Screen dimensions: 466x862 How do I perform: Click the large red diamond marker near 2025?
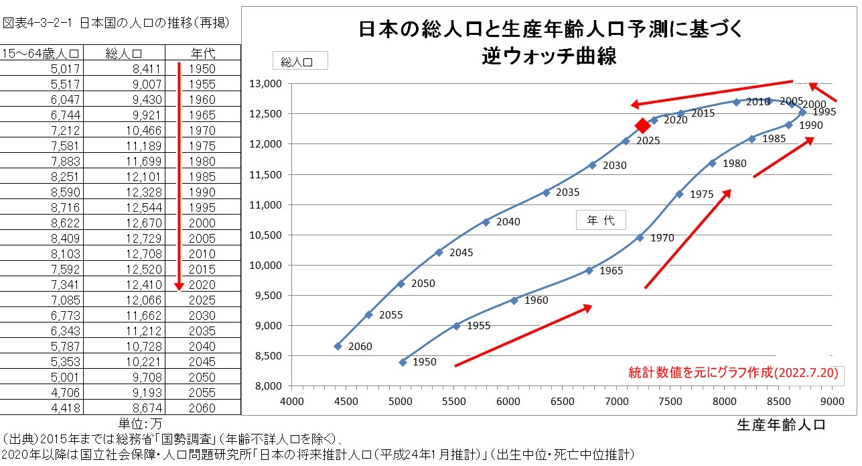[x=642, y=125]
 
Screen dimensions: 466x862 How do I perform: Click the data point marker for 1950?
[x=403, y=362]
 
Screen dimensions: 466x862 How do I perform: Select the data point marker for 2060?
[x=338, y=346]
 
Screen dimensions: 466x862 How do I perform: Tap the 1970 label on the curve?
[x=662, y=238]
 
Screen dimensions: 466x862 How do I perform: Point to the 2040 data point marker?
[x=486, y=222]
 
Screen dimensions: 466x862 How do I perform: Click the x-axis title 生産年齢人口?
[x=780, y=424]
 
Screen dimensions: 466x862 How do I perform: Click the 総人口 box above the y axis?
[x=299, y=62]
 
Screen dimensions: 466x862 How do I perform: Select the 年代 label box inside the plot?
[x=601, y=221]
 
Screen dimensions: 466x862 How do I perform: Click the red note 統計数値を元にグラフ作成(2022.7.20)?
[x=733, y=372]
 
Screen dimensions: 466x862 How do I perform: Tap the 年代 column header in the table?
[x=202, y=53]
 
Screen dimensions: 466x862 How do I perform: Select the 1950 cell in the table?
[x=202, y=68]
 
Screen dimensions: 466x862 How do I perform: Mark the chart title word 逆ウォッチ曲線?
[x=549, y=56]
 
